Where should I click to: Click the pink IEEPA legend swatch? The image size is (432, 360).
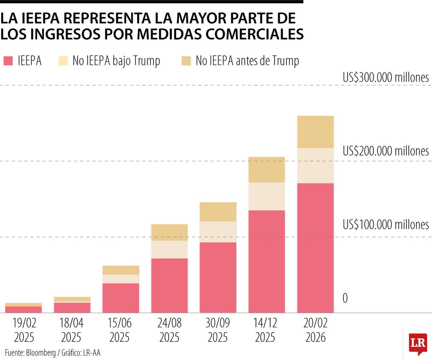click(8, 61)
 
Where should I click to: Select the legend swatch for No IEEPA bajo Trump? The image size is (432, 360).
click(64, 61)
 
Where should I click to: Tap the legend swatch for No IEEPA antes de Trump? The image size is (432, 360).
click(186, 61)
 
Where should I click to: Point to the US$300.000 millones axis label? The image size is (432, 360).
click(386, 77)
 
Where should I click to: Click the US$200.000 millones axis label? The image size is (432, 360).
click(386, 151)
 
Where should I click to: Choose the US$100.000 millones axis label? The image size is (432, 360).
click(386, 225)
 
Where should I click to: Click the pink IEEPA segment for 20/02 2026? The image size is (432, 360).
click(315, 248)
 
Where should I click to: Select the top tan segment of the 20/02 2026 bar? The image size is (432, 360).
click(315, 132)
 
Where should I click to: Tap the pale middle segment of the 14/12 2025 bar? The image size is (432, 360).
click(266, 196)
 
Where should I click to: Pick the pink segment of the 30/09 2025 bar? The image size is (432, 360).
click(218, 277)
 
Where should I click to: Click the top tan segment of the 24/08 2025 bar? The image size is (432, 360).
click(169, 232)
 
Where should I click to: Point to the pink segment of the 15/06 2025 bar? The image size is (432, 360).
click(120, 298)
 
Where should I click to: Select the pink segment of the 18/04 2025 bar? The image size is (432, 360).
click(72, 307)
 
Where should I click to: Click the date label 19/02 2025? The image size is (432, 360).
click(24, 330)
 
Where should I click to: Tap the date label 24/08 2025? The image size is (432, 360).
click(169, 330)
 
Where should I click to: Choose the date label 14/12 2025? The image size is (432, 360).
click(266, 330)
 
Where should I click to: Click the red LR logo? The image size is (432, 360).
click(418, 343)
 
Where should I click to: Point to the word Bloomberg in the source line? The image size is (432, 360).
click(42, 352)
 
